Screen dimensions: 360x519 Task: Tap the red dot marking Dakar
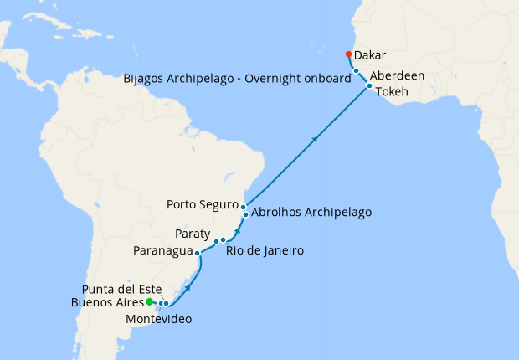[348, 54]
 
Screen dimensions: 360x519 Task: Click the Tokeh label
[392, 91]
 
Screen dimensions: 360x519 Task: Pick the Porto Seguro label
[202, 203]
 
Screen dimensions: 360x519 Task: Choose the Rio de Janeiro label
[265, 249]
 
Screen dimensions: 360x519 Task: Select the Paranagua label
[162, 250]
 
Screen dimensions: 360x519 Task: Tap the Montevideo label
[160, 319]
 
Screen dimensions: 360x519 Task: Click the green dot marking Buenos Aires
[149, 301]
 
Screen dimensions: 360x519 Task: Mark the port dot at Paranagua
[197, 251]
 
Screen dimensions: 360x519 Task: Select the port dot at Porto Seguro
[244, 206]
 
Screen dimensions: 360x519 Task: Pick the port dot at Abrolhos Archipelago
[245, 214]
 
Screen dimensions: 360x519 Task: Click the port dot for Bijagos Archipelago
[356, 71]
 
